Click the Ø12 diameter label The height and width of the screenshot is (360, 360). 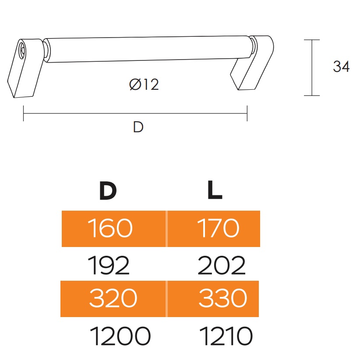point(144,85)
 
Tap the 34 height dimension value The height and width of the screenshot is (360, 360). point(341,67)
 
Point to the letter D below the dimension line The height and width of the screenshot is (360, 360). point(138,127)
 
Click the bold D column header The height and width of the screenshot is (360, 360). point(108,191)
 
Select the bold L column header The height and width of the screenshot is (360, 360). point(215,190)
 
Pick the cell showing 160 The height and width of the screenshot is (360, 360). point(113,229)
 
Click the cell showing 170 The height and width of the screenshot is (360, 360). point(214,229)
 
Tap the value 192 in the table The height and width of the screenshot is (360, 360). point(109,265)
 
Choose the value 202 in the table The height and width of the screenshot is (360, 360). point(222,265)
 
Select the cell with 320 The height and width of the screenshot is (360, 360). point(113,299)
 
